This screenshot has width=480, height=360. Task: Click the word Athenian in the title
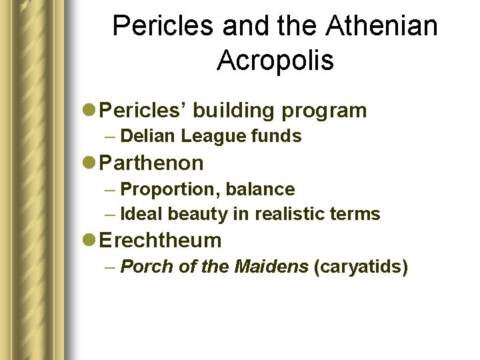pos(382,27)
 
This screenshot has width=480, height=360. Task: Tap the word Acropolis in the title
pos(275,61)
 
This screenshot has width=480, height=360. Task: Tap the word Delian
pos(149,137)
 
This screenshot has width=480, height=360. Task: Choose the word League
pos(209,137)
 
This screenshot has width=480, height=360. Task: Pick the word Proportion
pos(170,189)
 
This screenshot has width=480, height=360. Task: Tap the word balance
pos(260,189)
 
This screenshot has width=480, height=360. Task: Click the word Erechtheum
pos(162,240)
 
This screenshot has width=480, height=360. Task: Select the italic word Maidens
pos(271,267)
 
